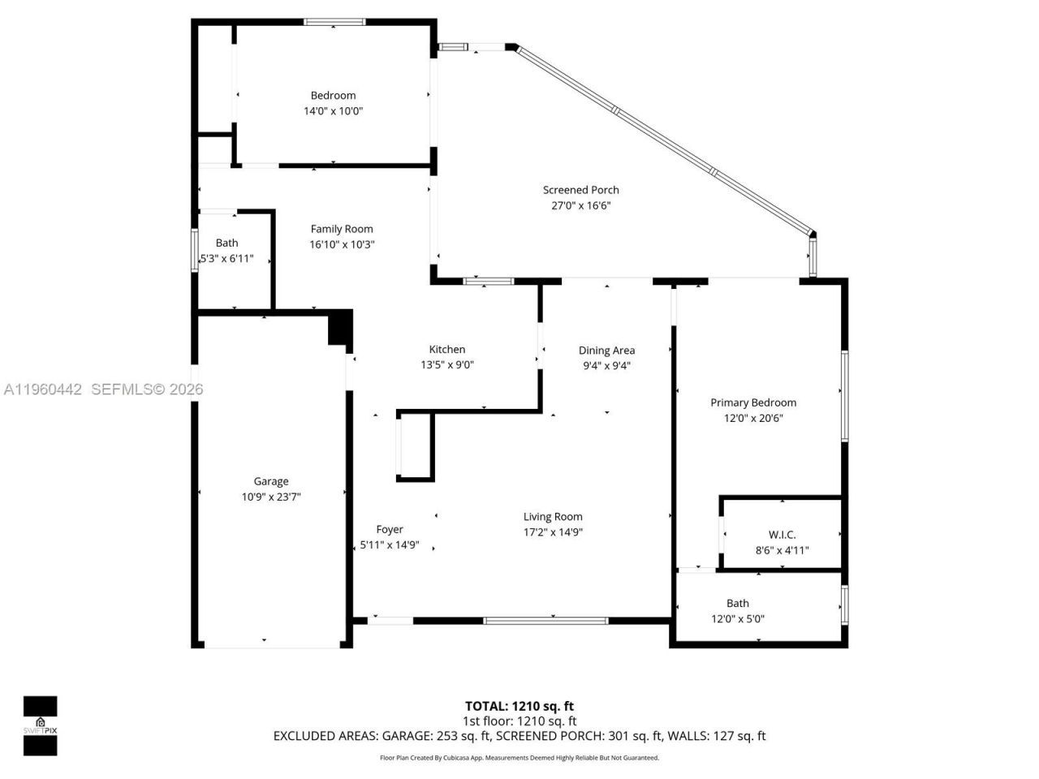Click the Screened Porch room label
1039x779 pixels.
coord(580,190)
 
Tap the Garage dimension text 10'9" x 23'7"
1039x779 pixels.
coord(271,497)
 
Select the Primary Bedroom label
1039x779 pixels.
coord(753,402)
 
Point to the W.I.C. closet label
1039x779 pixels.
coord(782,535)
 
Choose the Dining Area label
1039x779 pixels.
coord(606,351)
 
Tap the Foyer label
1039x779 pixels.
coord(390,530)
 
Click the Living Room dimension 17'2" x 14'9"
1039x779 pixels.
coord(553,532)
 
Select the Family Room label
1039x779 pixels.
coord(342,229)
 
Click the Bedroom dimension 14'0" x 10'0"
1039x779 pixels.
coord(333,111)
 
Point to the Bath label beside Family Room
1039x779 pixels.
coord(227,243)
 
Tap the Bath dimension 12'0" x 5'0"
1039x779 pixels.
coord(737,618)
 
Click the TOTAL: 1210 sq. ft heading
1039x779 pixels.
coord(519,706)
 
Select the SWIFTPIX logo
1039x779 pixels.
coord(40,725)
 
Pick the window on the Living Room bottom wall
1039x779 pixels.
coord(545,621)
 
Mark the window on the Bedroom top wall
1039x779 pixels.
coord(335,23)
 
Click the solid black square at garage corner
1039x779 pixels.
coord(339,328)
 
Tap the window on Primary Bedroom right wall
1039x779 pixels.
coord(844,395)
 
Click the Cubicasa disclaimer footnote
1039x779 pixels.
coord(519,758)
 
